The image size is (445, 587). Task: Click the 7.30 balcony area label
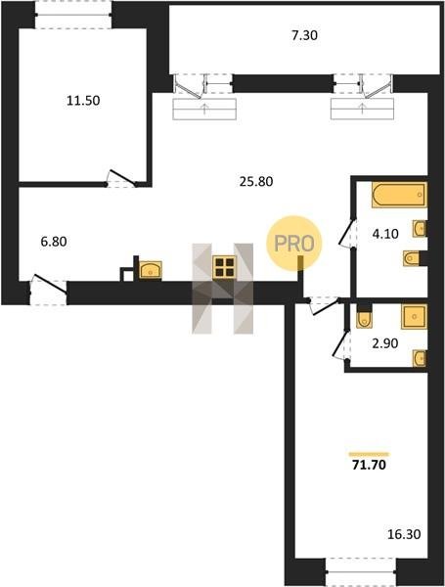coord(304,35)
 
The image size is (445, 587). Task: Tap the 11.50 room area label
coord(83,101)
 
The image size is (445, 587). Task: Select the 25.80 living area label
coord(256,182)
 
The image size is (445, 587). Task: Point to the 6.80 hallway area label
coord(54,242)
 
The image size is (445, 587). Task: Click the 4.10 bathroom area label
coord(385,234)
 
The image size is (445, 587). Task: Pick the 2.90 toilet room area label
coord(384,343)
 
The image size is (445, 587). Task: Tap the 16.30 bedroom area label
coord(404,534)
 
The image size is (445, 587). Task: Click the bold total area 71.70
coord(369,465)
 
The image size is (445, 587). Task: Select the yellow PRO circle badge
coord(294,243)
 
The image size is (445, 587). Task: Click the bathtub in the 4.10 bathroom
coord(399,195)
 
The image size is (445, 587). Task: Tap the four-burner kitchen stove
coord(225,267)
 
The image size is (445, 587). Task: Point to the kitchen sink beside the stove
coord(151,270)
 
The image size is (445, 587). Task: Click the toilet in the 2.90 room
coord(364,317)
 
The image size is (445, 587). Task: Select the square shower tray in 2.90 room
coord(415,317)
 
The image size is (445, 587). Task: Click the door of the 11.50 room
coord(121,179)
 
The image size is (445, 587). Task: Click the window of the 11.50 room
coord(73,15)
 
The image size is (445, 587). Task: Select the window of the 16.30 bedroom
coord(361,571)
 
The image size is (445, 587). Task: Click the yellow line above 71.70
coord(369,454)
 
